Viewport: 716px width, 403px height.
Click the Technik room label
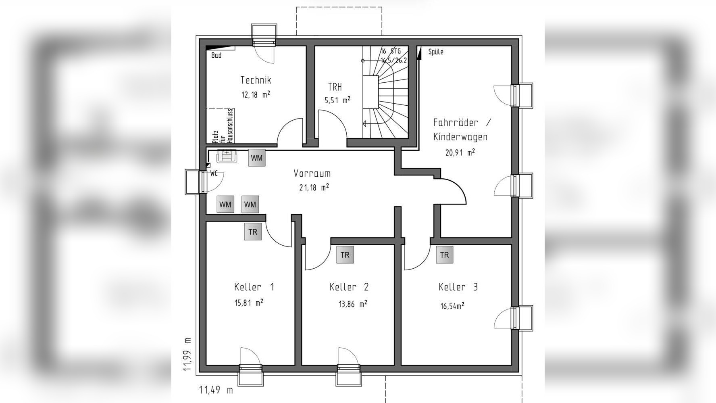[x=256, y=80]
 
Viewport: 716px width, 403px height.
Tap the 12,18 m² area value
[x=256, y=95]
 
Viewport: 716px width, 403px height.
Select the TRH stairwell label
[x=335, y=87]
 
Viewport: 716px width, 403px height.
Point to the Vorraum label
[x=312, y=173]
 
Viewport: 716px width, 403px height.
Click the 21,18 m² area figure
[x=314, y=188]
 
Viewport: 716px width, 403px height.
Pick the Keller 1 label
[x=254, y=287]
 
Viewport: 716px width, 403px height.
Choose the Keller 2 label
[x=349, y=287]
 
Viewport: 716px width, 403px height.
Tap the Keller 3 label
[x=458, y=287]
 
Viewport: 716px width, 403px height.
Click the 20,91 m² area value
[x=460, y=152]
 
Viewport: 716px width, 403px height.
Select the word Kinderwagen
[x=460, y=137]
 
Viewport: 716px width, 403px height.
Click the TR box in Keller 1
[x=253, y=232]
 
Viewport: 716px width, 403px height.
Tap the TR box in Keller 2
[x=345, y=255]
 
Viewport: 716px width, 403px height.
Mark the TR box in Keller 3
[x=445, y=255]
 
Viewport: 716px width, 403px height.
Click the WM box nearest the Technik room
[x=257, y=158]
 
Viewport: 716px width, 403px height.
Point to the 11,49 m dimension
[x=216, y=390]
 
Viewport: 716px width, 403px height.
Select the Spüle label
[x=436, y=52]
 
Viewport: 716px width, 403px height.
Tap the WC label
[x=214, y=173]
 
